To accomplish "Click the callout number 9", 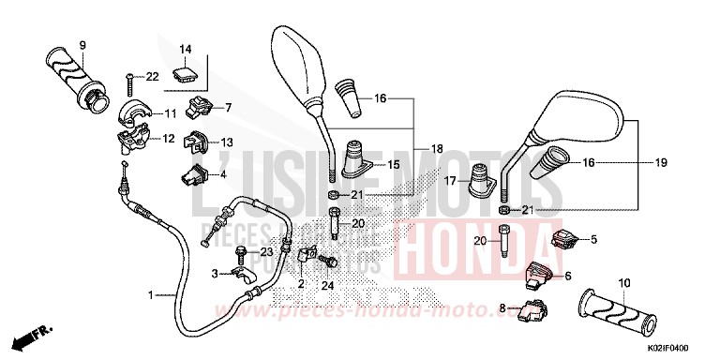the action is (82, 45).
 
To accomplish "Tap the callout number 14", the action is (185, 49).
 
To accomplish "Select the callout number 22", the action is (152, 76).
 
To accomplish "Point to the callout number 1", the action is (149, 294).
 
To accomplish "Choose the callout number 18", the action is (437, 149).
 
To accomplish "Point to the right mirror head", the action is (581, 119).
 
